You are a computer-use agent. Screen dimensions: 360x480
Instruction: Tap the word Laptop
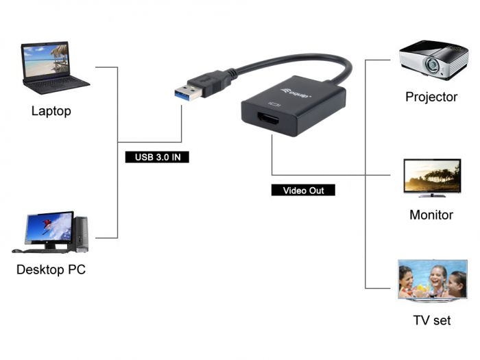51,110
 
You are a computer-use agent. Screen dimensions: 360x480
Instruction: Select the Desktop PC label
51,269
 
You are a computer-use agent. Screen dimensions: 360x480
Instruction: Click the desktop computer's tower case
81,233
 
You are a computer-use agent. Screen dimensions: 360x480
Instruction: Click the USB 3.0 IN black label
157,157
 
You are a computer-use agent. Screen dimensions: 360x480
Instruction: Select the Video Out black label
303,190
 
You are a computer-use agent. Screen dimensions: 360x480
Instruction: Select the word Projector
431,97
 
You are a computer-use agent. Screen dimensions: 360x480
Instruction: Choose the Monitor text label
431,215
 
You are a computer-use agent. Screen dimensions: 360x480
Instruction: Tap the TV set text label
432,320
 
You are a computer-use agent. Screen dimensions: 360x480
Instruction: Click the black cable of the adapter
302,60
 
